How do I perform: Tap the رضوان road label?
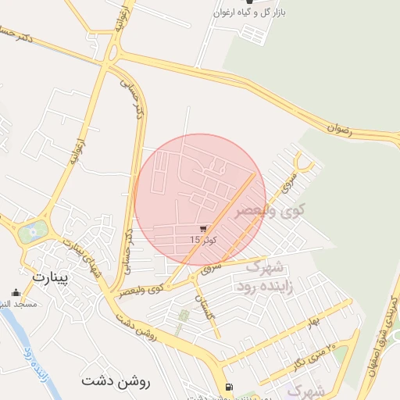341,127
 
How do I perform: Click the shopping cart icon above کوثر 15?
203,229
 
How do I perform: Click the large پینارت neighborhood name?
52,277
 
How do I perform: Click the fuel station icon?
227,387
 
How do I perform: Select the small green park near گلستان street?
184,316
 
